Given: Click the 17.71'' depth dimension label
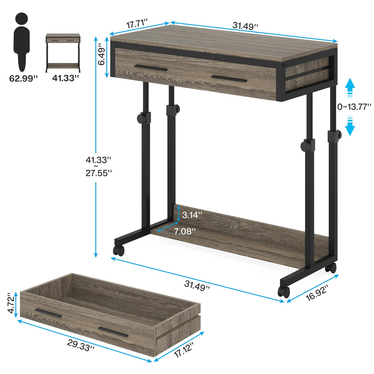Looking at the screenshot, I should pos(137,24).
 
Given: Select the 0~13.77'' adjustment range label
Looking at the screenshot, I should pos(354,107).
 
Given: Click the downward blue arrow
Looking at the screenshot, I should pos(350,126).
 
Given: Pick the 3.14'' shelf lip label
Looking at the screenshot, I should pos(192,215).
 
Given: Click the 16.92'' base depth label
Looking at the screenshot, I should pos(317,292).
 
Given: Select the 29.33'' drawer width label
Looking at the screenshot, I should pos(81,345).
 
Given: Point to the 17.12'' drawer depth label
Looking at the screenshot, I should pos(184,350).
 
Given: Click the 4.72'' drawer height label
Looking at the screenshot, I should pos(11,305).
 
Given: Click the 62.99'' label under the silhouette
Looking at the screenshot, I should pos(23,79).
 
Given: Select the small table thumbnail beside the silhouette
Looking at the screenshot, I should pos(63,53).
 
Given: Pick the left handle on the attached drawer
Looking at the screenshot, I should pos(151,68).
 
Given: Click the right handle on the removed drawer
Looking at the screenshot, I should pos(113,331).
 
